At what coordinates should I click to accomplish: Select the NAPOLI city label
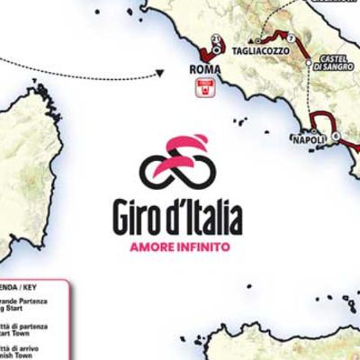(x=309, y=139)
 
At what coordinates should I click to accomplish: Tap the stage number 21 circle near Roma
(x=217, y=38)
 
